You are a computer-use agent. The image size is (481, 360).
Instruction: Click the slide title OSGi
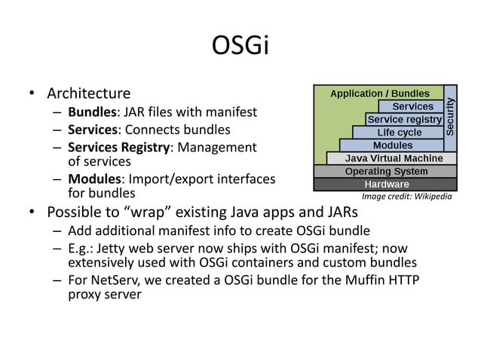[x=240, y=46]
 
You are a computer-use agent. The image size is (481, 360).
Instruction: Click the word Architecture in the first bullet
[x=88, y=94]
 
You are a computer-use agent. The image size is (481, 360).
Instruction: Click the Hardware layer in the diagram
[x=386, y=185]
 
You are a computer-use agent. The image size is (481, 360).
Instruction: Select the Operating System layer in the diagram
[x=386, y=172]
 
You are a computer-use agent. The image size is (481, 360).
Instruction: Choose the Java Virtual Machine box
[x=394, y=158]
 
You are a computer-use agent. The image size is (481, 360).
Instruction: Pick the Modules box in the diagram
[x=393, y=145]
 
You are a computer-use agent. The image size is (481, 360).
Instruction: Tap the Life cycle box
[x=399, y=133]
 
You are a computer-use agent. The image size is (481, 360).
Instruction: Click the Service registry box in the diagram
[x=404, y=120]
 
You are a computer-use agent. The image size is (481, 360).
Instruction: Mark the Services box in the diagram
[x=412, y=107]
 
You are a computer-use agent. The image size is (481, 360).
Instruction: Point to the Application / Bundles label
[x=380, y=93]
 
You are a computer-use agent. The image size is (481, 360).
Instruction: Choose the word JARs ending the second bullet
[x=341, y=212]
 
